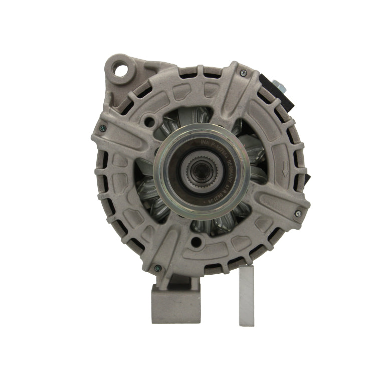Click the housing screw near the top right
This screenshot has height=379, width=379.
pos(243,74)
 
